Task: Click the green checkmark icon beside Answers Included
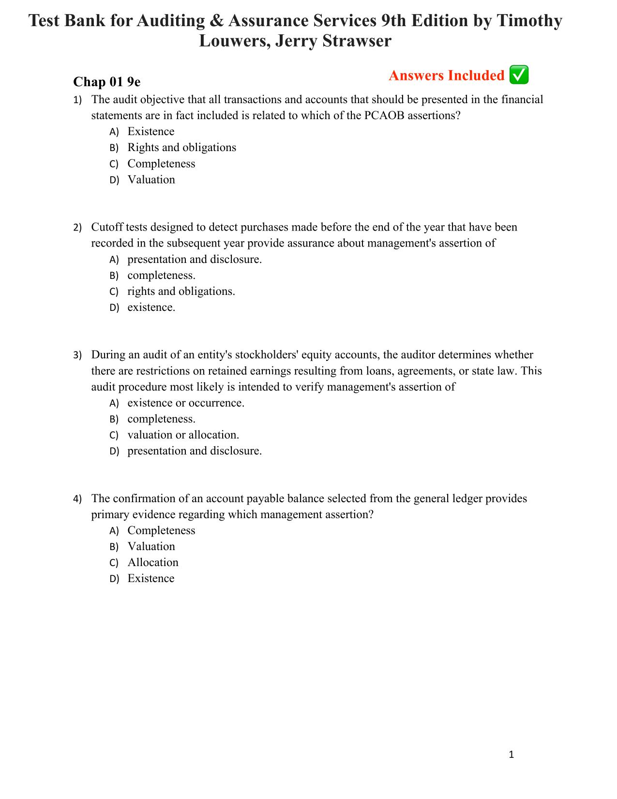(519, 76)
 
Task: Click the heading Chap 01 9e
(107, 81)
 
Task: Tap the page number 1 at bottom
(512, 754)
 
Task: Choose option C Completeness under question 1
(161, 164)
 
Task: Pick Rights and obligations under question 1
(181, 148)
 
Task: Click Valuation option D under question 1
(151, 180)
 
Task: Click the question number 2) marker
(77, 228)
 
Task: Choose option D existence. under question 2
(151, 307)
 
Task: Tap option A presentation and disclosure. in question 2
(194, 260)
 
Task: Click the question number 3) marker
(77, 355)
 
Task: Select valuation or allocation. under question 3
(183, 435)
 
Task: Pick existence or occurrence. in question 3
(185, 403)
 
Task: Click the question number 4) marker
(77, 499)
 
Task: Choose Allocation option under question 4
(153, 563)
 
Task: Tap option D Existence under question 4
(150, 579)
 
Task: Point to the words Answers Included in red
(446, 76)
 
